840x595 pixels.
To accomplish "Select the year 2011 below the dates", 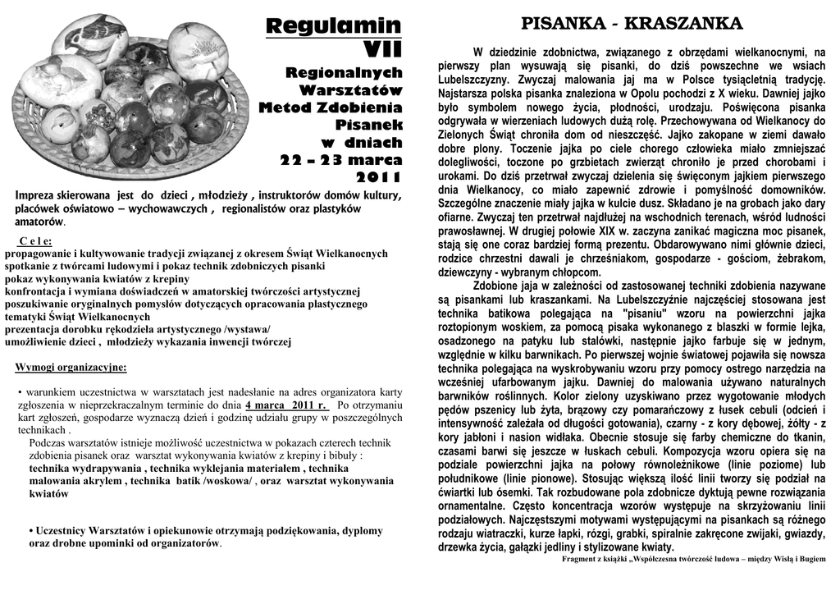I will [x=379, y=177].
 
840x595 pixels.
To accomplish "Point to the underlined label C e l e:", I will [x=34, y=241].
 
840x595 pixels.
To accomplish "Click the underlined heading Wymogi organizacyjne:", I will [x=71, y=367].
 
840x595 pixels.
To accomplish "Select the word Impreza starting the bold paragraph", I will [x=39, y=196].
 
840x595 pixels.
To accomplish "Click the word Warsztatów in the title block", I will [x=350, y=89].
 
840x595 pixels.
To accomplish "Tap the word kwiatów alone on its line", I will [x=48, y=494].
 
